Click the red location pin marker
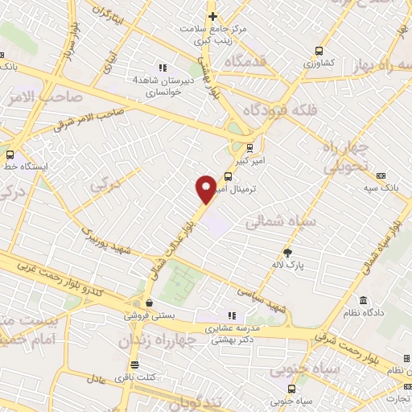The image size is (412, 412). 206,187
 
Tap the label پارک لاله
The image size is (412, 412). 288,264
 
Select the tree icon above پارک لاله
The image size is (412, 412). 288,252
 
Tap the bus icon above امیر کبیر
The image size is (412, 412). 249,147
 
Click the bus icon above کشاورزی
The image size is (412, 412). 319,47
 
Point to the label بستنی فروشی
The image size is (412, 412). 146,316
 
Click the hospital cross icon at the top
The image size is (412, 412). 212,16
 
